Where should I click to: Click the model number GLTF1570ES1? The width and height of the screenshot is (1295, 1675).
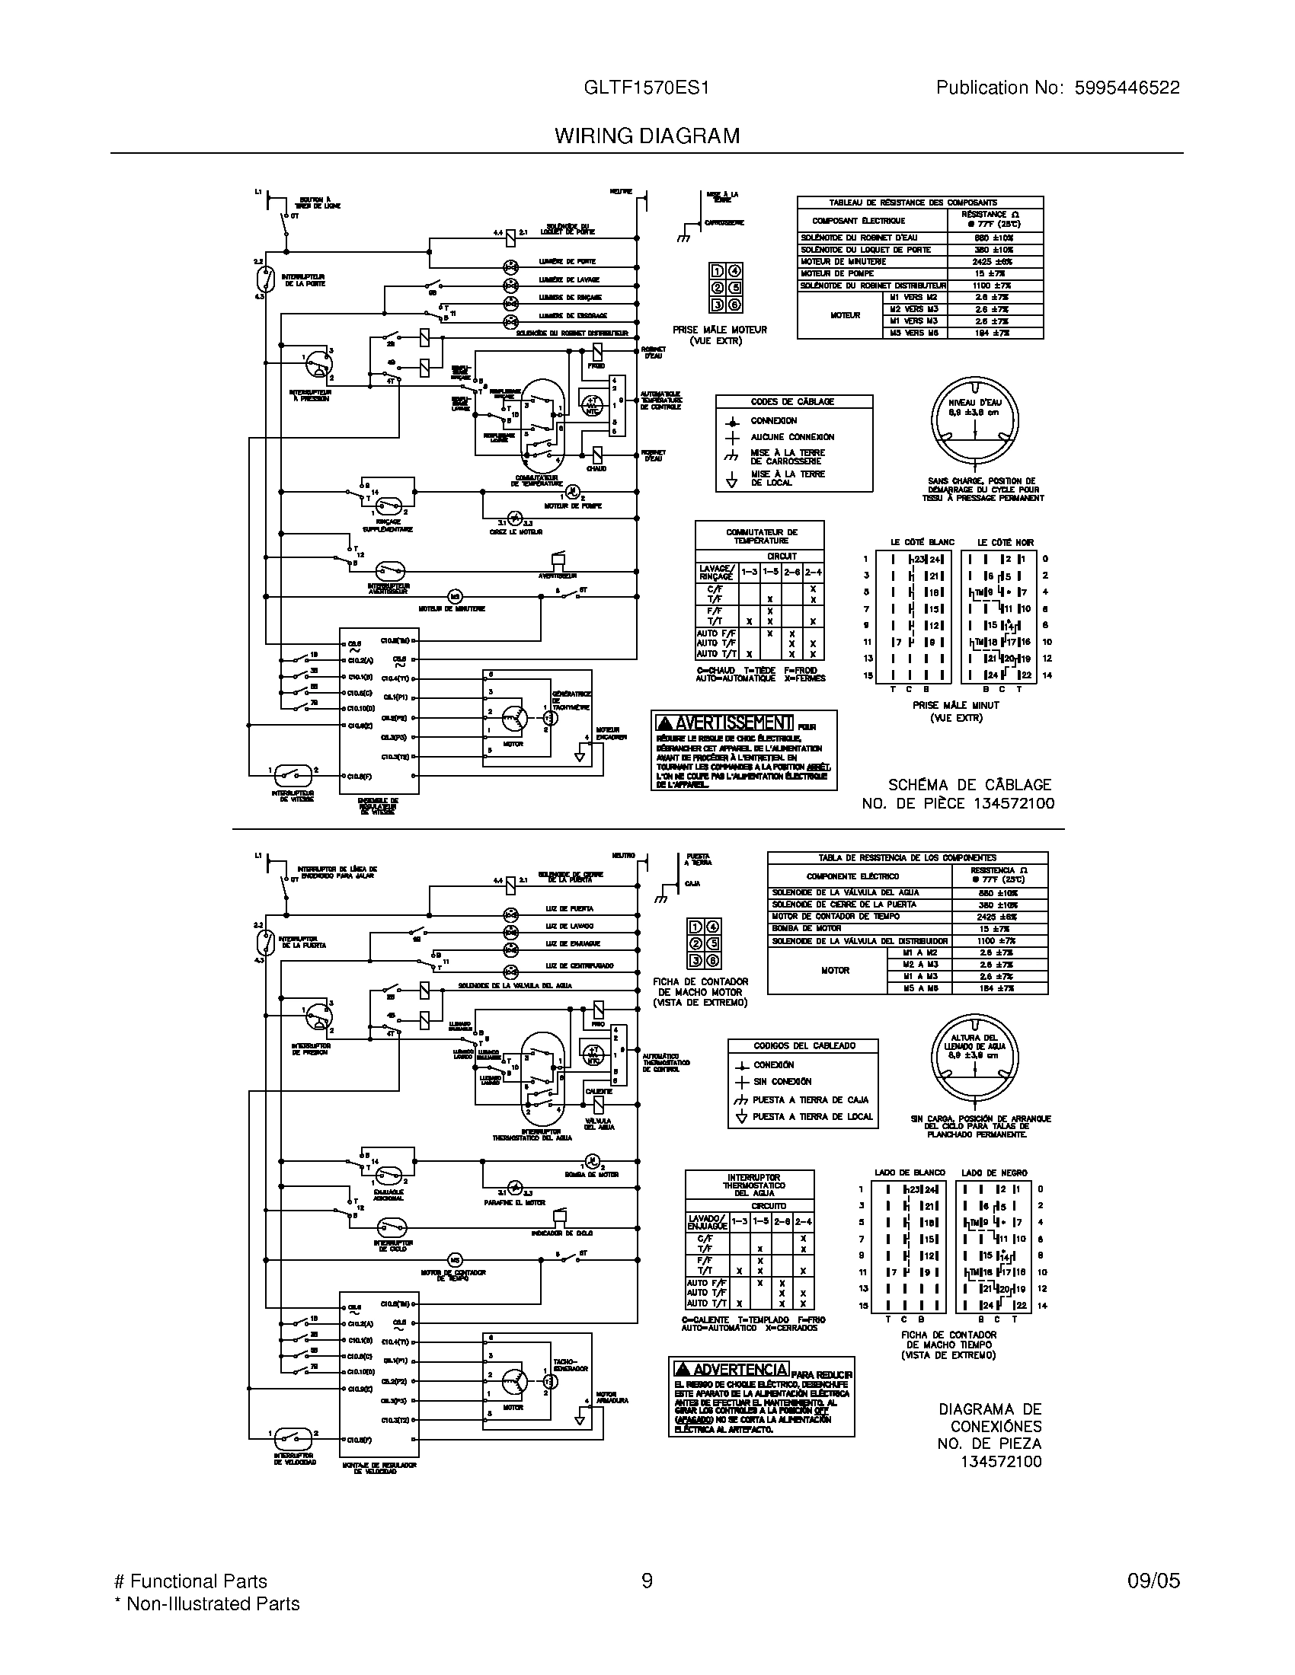[x=646, y=88]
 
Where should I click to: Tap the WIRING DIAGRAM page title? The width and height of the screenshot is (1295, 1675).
[x=647, y=136]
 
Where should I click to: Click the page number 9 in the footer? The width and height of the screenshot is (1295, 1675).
[x=647, y=1581]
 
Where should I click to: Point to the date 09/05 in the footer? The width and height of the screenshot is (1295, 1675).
[x=1153, y=1581]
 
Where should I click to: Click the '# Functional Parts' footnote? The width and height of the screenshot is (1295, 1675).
[x=190, y=1581]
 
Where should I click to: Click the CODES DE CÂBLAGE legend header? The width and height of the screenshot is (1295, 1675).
[x=791, y=402]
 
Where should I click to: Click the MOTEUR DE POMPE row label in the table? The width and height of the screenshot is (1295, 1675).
[x=837, y=273]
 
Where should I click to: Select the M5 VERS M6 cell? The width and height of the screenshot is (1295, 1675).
[x=913, y=333]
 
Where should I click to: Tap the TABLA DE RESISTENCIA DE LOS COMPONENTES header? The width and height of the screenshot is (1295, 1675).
[x=906, y=857]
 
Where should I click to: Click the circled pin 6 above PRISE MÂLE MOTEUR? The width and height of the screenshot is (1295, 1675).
[x=734, y=305]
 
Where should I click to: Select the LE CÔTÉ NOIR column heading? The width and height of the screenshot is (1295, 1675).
[x=1006, y=542]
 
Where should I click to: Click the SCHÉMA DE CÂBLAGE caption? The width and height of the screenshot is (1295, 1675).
[x=970, y=784]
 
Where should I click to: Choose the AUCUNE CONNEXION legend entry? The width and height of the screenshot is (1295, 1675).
[x=791, y=437]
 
